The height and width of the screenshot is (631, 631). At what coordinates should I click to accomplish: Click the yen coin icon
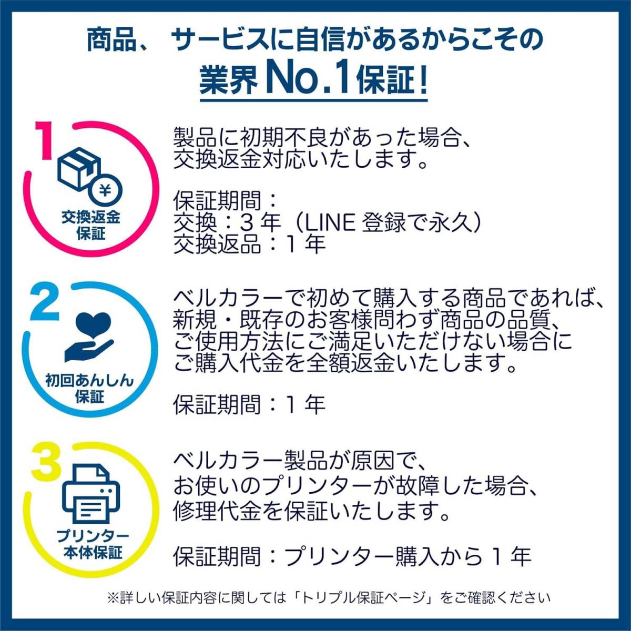tap(106, 190)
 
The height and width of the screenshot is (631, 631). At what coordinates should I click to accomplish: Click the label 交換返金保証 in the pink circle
tap(90, 226)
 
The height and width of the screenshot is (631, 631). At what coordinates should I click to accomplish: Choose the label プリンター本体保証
tap(93, 545)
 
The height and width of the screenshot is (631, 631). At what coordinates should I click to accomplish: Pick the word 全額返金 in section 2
tap(350, 364)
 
